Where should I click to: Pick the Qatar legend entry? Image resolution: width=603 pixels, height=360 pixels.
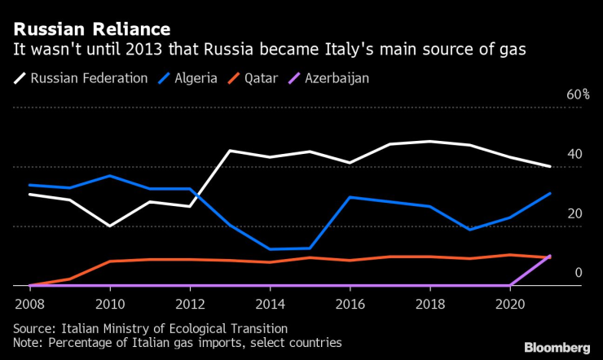coord(261,79)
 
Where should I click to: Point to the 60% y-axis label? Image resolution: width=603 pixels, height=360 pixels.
coord(578,95)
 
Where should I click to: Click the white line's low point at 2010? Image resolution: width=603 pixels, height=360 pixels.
coord(110,226)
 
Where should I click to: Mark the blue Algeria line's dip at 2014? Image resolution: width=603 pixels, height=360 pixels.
coord(270,249)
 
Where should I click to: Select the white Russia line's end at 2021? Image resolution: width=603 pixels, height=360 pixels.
coord(550,166)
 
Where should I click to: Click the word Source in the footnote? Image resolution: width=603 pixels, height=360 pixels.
coord(33,329)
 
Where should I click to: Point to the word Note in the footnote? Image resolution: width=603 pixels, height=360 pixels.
coord(28,344)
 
